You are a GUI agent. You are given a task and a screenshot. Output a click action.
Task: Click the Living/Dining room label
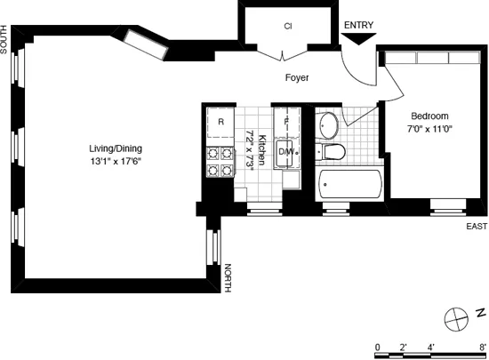coord(115,148)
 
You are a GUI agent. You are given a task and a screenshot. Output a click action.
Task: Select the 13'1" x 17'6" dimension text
coord(115,162)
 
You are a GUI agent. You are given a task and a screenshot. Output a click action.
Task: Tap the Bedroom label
coord(429,116)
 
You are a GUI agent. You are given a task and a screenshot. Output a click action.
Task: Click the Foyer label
coord(297,78)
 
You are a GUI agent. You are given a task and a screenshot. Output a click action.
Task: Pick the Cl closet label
coord(288,27)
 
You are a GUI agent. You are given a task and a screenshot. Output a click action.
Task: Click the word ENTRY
coord(358,26)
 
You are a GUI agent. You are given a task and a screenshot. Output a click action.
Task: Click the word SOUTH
coord(5,40)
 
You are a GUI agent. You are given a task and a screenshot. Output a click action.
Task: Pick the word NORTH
coord(228,277)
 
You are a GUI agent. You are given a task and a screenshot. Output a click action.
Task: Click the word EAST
coord(477,227)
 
